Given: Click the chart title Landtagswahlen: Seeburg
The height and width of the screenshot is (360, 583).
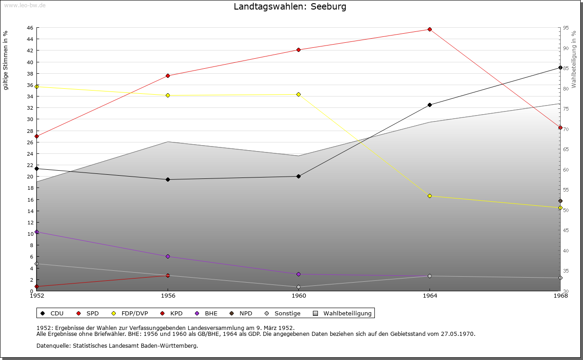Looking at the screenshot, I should click(290, 7).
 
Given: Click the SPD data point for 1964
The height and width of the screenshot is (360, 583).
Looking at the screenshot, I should click(430, 30).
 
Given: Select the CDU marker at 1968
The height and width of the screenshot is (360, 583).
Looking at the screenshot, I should click(560, 68).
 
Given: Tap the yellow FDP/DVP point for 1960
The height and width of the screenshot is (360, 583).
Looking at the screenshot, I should click(299, 95).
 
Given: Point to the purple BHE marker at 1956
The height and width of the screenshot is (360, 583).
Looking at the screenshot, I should click(168, 257).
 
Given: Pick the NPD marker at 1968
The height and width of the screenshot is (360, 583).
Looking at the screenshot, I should click(560, 201).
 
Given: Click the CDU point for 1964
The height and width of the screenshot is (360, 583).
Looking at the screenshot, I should click(430, 105).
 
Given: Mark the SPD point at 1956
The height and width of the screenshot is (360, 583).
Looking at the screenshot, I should click(168, 76).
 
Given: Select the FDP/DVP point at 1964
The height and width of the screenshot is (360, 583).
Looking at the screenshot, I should click(430, 196).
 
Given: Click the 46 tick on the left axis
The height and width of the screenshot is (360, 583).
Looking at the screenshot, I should click(30, 28).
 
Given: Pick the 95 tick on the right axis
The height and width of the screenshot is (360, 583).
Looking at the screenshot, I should click(565, 28).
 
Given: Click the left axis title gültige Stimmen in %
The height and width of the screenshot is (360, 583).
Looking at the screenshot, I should click(6, 61).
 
